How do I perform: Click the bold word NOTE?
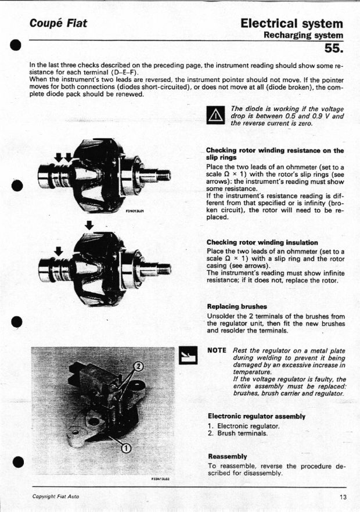tap(217, 350)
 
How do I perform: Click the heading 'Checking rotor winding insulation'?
tap(262, 242)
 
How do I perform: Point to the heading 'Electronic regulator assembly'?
tap(257, 416)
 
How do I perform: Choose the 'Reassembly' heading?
tap(227, 456)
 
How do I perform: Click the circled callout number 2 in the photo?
tap(138, 366)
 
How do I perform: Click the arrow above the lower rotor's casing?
tap(88, 225)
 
